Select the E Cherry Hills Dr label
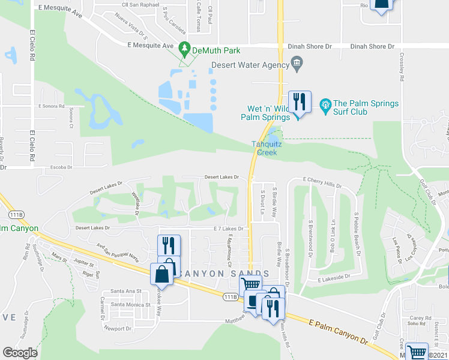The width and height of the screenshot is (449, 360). click(322, 180)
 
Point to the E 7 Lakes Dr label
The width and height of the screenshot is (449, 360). click(229, 229)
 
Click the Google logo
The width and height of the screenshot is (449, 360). click(20, 352)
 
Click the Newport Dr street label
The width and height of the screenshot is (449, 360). click(116, 328)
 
